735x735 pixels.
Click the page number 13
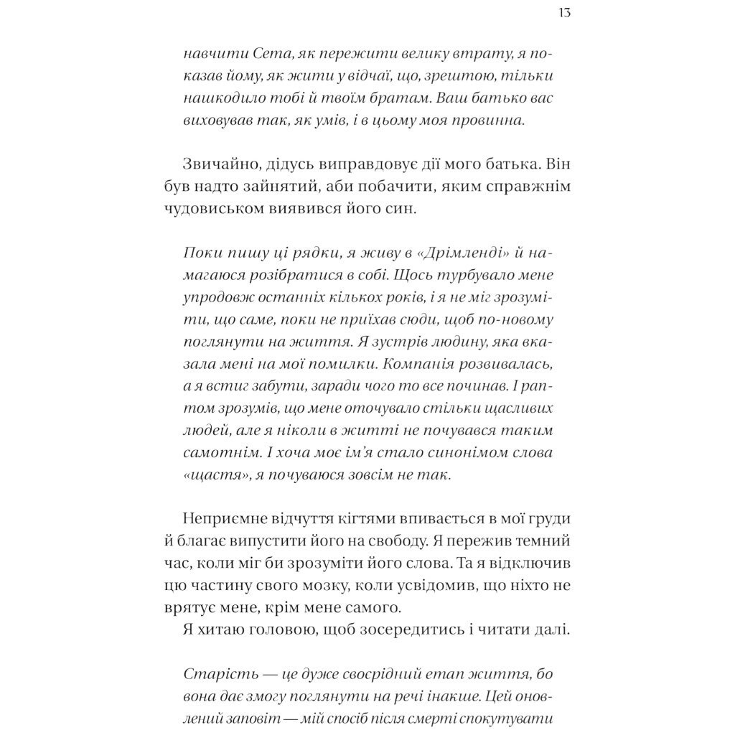pyautogui.click(x=563, y=14)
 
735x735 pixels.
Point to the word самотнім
pyautogui.click(x=214, y=454)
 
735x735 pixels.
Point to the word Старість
pyautogui.click(x=214, y=675)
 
